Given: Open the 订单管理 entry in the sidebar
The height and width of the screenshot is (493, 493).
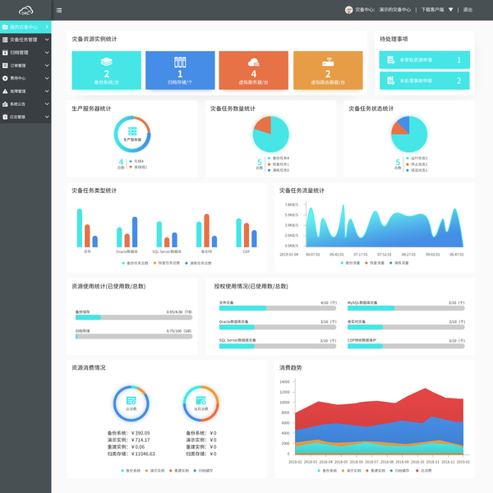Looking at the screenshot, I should coord(20,65).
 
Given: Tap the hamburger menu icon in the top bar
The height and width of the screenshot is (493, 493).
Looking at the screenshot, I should coord(59,10).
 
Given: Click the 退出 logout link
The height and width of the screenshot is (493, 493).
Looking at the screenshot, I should coord(468,10).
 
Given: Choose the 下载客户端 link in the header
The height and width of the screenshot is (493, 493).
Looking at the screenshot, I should coord(433,10).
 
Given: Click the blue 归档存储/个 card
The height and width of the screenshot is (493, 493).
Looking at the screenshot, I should coord(180,70).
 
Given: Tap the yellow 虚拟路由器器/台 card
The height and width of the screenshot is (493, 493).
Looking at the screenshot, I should coord(327,70).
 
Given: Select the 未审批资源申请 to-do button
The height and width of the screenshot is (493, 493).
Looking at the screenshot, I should coord(425,60).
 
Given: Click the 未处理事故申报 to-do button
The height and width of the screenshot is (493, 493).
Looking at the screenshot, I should coord(425,81).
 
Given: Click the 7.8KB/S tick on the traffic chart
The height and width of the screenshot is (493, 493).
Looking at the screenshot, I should coord(290,205).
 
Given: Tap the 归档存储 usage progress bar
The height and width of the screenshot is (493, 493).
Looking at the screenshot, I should coord(134,336).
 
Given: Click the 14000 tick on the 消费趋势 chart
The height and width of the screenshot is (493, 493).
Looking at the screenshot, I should coord(284,382).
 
